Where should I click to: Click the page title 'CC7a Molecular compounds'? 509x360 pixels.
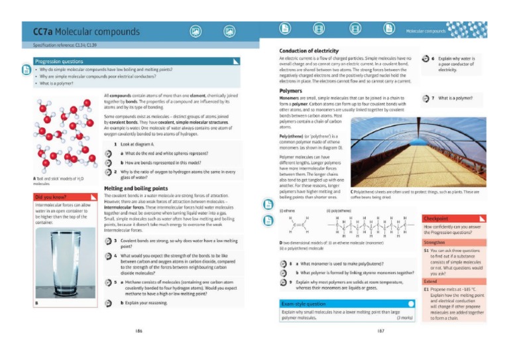click(86, 32)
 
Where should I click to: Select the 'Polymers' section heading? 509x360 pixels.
click(291, 91)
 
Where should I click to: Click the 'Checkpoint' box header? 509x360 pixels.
click(437, 218)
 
